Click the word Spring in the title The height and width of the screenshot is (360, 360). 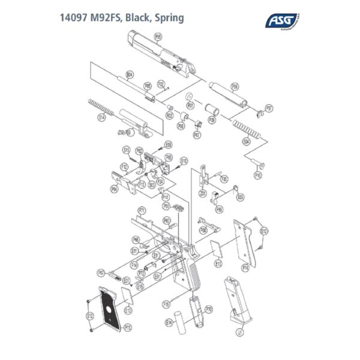(169, 17)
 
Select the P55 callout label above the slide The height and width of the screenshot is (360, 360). (158, 37)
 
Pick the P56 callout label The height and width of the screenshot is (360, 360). (235, 86)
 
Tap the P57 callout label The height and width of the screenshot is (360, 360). (269, 108)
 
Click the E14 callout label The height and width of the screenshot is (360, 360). (169, 322)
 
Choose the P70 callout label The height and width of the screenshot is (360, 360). (209, 308)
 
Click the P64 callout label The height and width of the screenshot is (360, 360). (114, 189)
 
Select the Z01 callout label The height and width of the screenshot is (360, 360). (203, 193)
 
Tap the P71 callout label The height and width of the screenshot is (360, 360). (142, 211)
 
